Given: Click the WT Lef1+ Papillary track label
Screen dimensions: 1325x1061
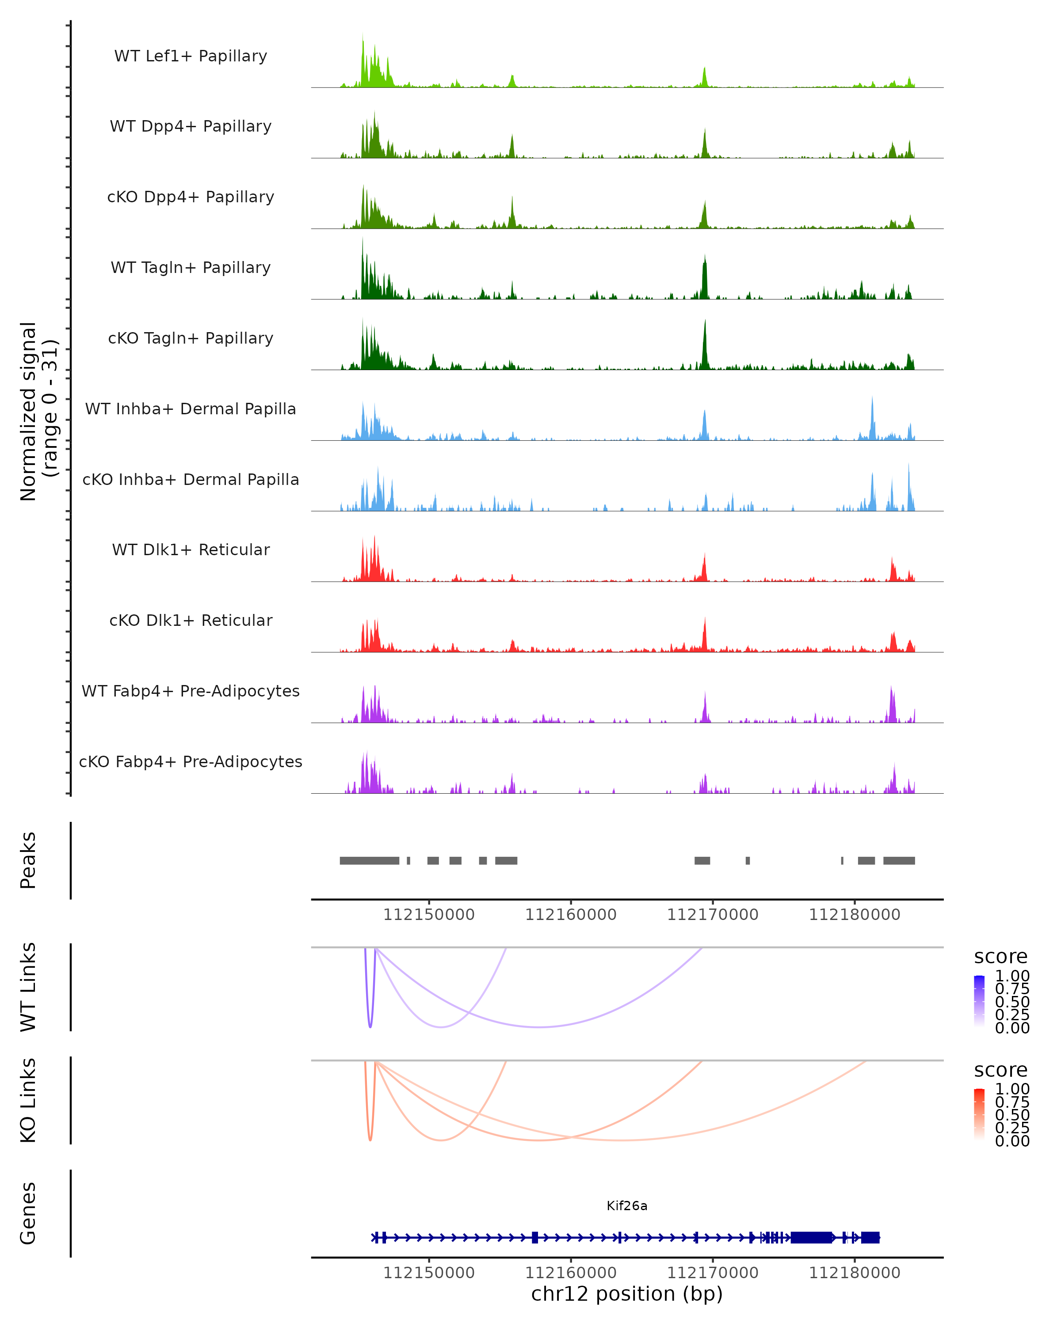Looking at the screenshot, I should coord(191,56).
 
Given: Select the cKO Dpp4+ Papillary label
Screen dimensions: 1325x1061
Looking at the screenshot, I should coord(191,197).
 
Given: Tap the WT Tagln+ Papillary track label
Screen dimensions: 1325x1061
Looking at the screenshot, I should coord(191,268).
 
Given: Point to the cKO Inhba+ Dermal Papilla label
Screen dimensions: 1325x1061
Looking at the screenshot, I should coord(191,480).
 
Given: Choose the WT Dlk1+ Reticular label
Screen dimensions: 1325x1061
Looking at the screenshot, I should coord(191,550).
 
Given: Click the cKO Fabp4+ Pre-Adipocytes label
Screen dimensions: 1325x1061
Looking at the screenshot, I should coord(191,762).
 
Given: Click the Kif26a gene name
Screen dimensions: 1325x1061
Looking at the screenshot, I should coord(627,1206).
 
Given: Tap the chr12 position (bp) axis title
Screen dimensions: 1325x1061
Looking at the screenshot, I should coord(627,1294).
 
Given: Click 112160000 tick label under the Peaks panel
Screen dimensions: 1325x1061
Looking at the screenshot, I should coord(571,915).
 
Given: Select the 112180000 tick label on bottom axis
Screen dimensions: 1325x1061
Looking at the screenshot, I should coord(855,1273).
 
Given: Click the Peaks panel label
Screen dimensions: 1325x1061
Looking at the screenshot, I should coord(28,860).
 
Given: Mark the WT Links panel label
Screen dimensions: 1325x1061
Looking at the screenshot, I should coord(28,987).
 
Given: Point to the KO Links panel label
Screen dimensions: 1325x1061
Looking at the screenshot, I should coord(28,1101).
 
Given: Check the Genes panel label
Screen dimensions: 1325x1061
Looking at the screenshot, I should coord(28,1214).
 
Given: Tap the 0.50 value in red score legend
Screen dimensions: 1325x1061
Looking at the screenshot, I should coord(1012,1115).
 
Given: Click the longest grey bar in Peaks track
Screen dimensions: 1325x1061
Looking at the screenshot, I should coord(369,861).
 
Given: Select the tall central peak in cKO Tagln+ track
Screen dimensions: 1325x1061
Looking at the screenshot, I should coord(705,344).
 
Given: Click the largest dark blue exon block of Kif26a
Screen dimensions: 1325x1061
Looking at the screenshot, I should coord(811,1238).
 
